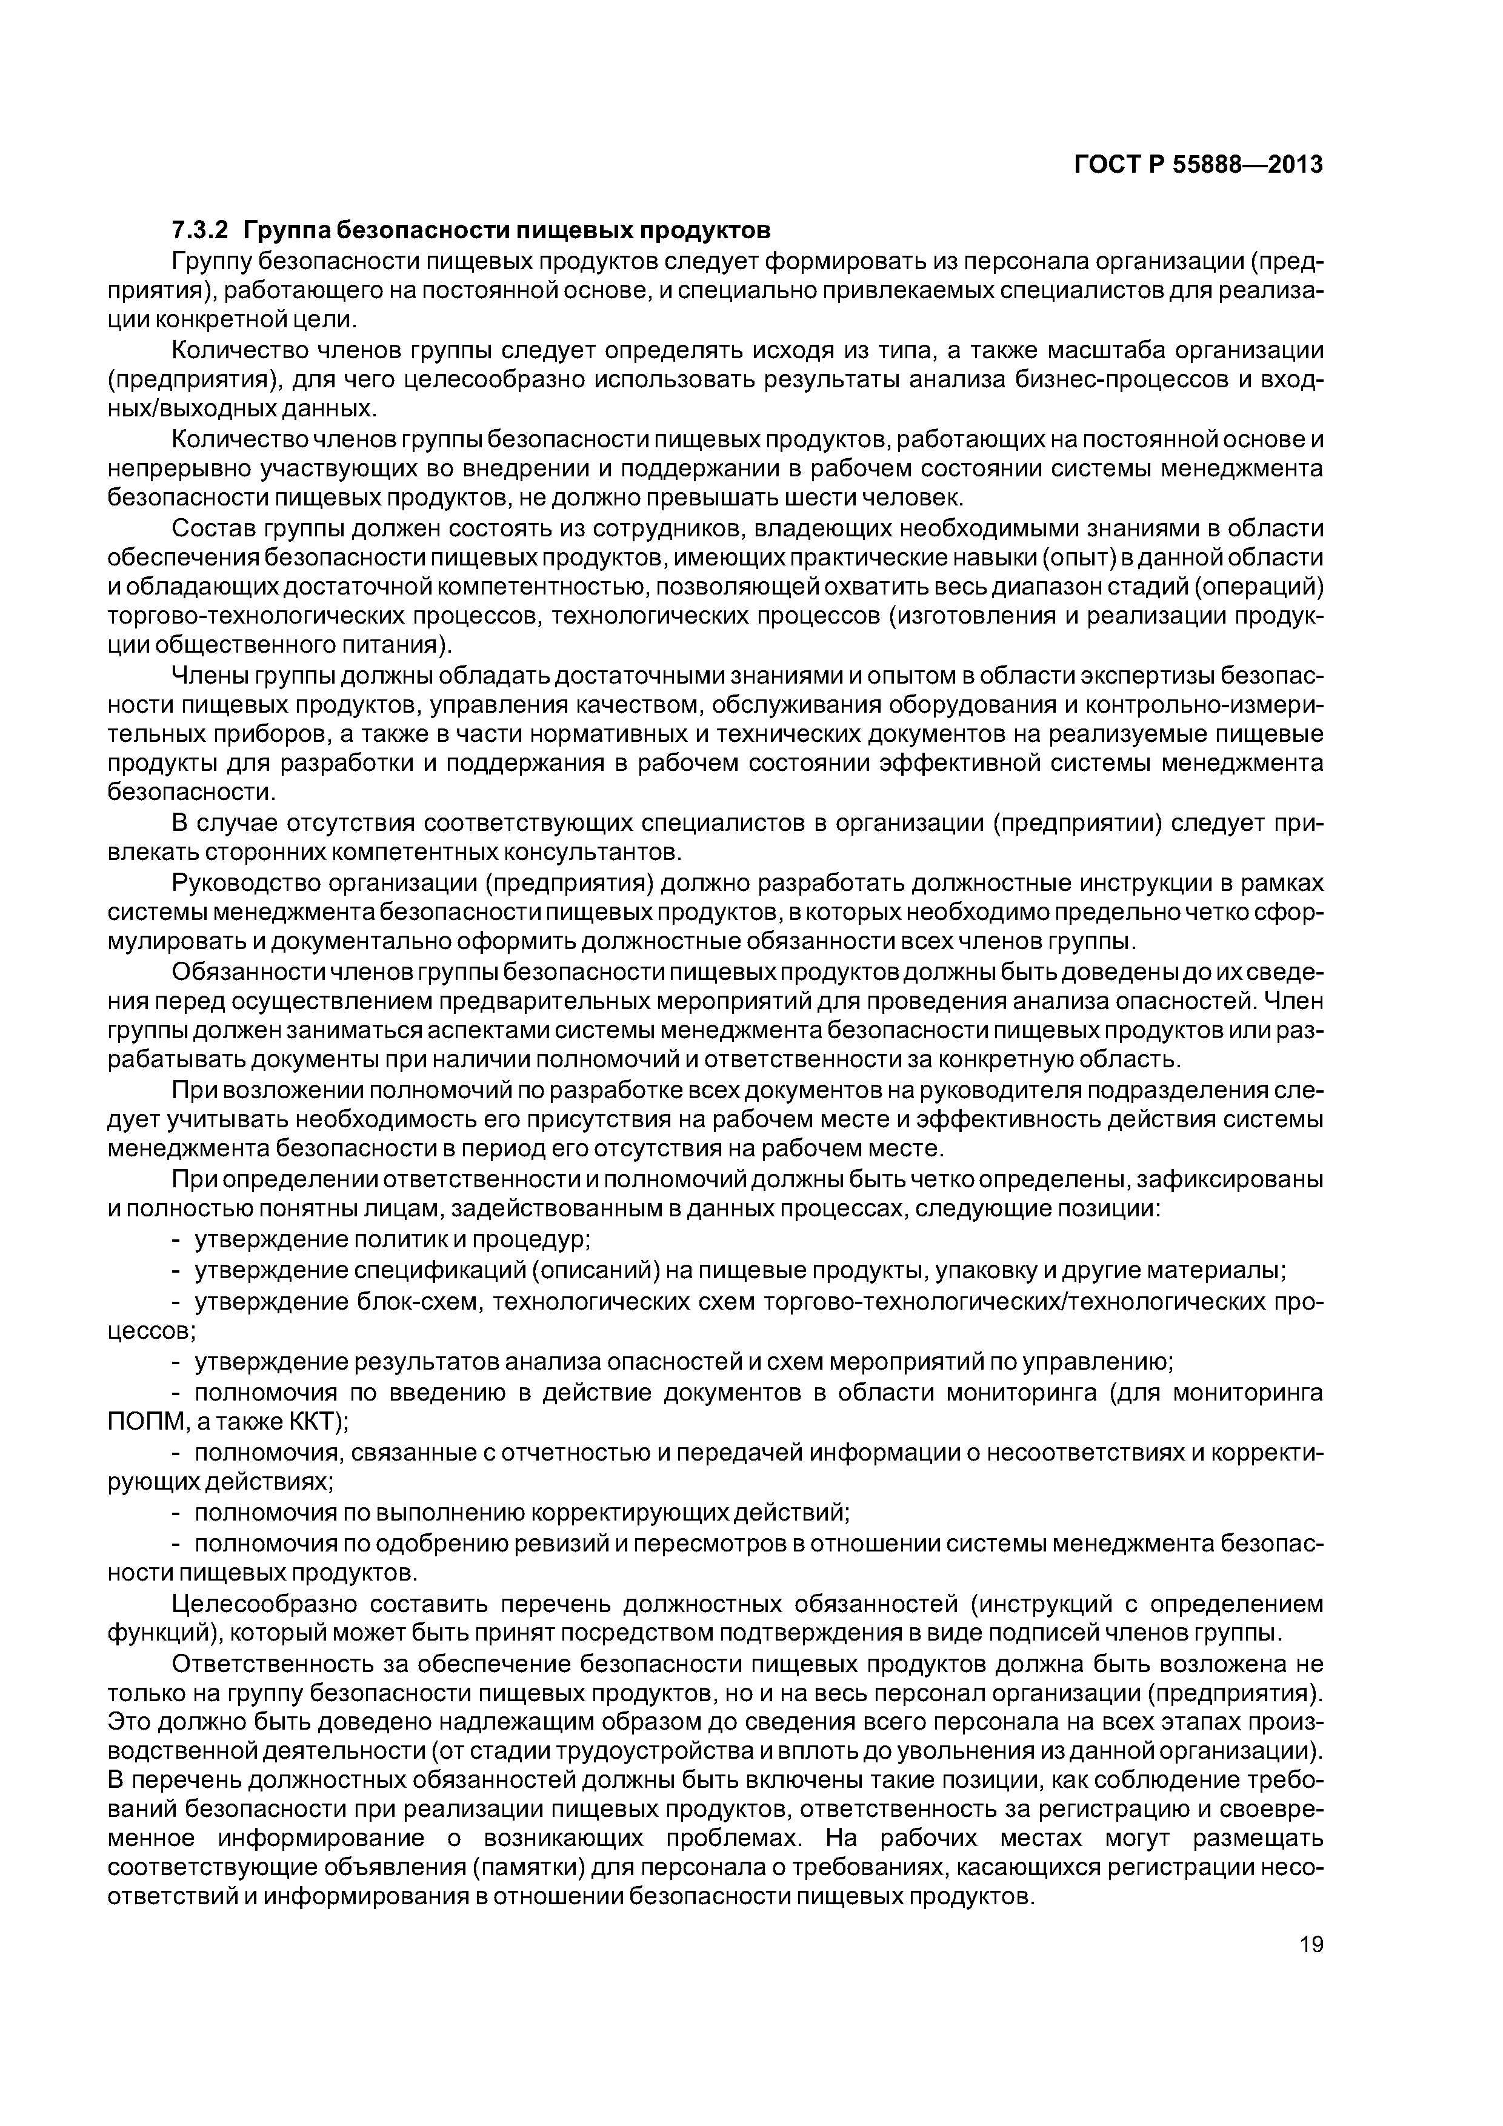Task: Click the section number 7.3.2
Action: [x=200, y=230]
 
